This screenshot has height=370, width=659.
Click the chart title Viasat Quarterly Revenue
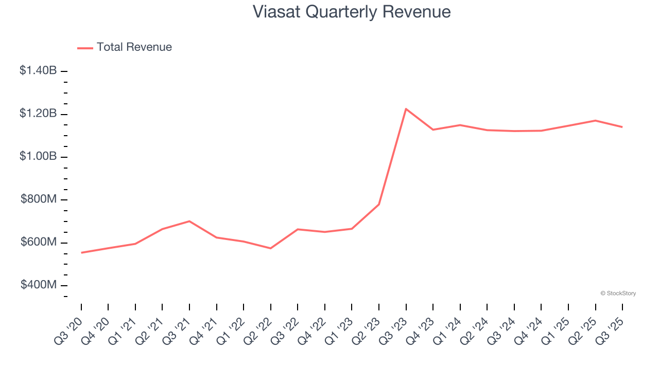pos(352,12)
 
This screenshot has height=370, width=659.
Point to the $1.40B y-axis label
pos(38,71)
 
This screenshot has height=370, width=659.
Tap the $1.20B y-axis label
pos(38,114)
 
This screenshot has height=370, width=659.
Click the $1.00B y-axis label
pos(38,156)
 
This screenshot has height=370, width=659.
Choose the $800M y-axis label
pos(39,199)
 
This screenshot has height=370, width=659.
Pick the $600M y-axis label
pos(39,242)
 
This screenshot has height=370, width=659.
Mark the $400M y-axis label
pos(39,285)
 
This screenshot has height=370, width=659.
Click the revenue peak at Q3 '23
pos(406,109)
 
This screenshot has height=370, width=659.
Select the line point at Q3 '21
pos(189,221)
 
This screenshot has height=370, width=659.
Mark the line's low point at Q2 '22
pos(271,248)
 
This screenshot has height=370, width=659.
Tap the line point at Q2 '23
pos(379,204)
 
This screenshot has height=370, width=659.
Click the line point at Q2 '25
pos(595,121)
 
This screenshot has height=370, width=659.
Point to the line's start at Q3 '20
pos(81,252)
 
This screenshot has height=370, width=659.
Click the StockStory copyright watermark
pos(618,293)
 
